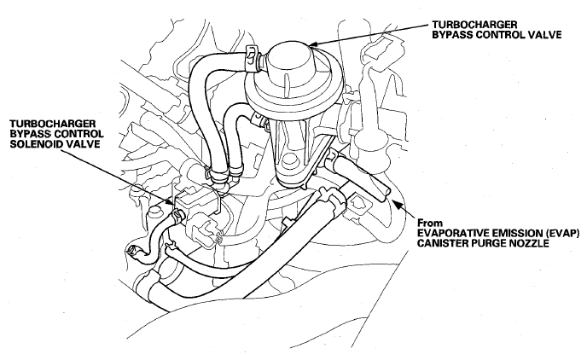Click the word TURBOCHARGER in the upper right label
(474, 25)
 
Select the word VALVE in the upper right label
(545, 35)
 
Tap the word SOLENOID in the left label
(39, 144)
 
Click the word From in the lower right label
(430, 223)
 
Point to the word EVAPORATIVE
(452, 233)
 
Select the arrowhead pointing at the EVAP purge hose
(396, 205)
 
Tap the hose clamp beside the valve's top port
(253, 57)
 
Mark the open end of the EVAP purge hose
(385, 194)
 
